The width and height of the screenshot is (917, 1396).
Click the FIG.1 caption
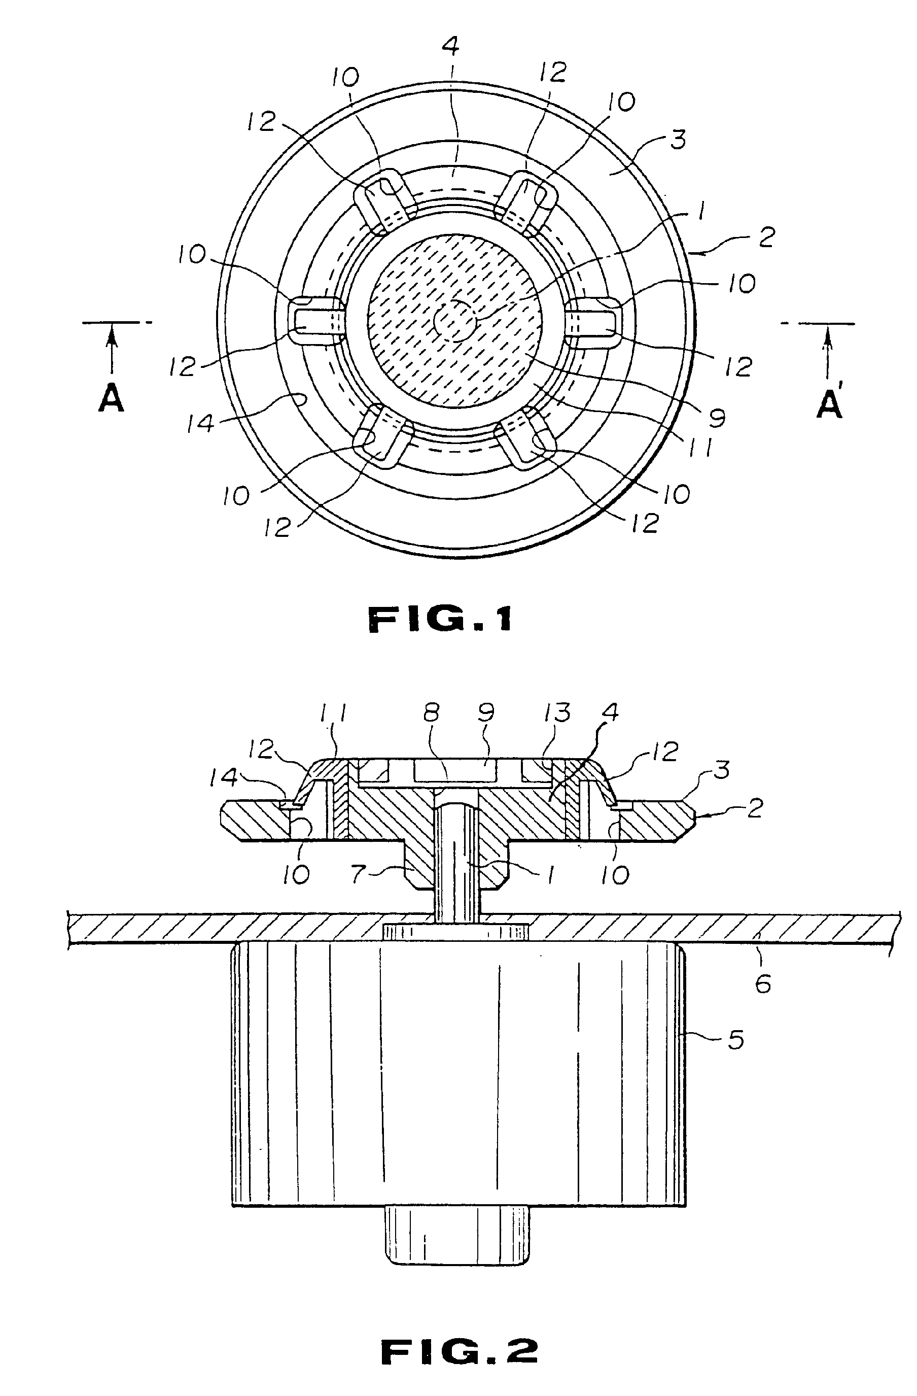440,620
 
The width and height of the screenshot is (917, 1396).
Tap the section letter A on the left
112,401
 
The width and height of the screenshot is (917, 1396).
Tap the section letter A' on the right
830,404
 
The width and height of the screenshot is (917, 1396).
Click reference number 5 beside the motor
736,1039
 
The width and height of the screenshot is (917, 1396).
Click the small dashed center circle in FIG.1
454,321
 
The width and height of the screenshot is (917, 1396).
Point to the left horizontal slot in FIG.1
315,320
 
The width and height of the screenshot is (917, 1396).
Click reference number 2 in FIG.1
766,237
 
